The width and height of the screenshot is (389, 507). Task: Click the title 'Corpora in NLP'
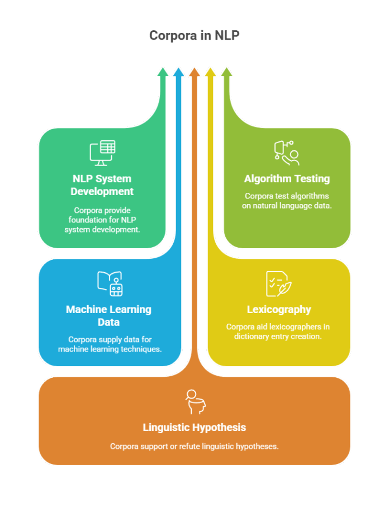point(194,36)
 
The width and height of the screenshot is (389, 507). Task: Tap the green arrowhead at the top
point(163,72)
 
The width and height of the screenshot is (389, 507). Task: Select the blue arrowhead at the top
point(178,72)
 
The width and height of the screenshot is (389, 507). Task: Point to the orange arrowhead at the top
point(194,72)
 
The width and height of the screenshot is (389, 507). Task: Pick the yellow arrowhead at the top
point(210,72)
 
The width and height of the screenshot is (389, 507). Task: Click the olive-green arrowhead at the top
point(226,72)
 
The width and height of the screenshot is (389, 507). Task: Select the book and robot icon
point(110,283)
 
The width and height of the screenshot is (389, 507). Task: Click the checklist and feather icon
point(278,283)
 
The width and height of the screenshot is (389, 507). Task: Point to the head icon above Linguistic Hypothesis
point(194,402)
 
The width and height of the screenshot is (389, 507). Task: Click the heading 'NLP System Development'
point(102,185)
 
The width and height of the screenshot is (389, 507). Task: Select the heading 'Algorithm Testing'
point(287,179)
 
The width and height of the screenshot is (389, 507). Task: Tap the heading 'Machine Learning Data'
point(108,315)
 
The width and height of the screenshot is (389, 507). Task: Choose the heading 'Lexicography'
point(279,309)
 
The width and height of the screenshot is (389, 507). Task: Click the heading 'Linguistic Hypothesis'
point(194,428)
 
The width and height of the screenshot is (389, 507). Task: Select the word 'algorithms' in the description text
point(311,196)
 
